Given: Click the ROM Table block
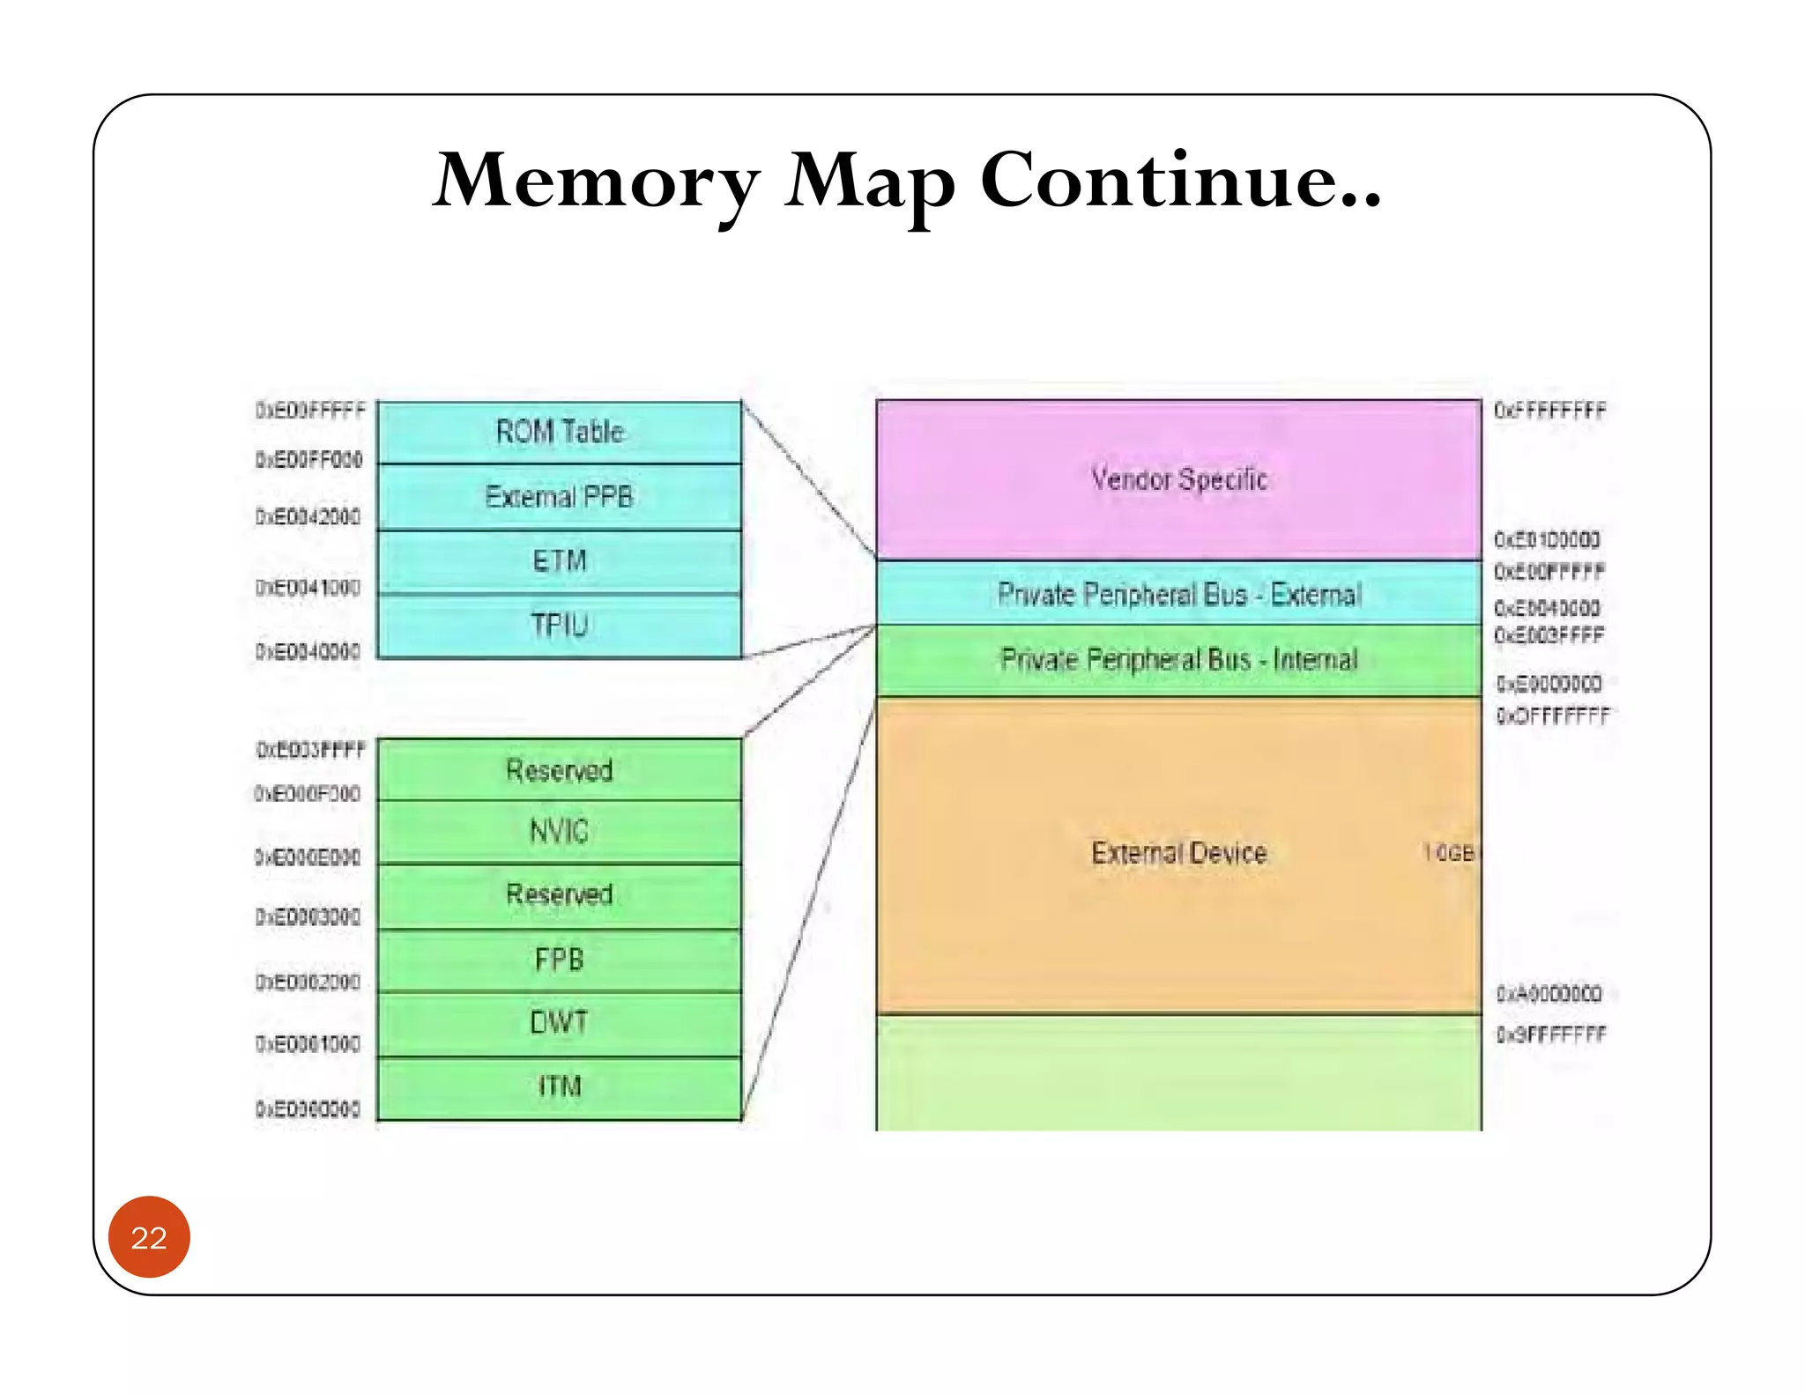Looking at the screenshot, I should click(x=559, y=432).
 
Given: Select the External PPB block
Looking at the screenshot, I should click(x=559, y=497).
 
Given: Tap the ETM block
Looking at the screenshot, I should click(x=559, y=561).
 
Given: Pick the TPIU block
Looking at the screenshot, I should click(x=559, y=626).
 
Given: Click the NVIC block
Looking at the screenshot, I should click(x=559, y=831).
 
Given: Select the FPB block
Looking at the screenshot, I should click(x=559, y=960).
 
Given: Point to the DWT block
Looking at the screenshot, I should click(x=559, y=1023).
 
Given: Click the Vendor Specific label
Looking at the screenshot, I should click(x=1178, y=479).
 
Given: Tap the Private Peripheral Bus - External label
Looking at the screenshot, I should click(x=1178, y=595).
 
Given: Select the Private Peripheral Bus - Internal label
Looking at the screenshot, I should click(x=1178, y=660).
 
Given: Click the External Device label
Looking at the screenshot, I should click(x=1178, y=853).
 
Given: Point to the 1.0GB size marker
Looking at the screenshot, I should click(x=1448, y=853).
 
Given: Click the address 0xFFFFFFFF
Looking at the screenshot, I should click(x=1549, y=411).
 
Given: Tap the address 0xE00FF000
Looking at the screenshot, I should click(x=308, y=460).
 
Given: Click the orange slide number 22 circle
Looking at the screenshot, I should click(x=149, y=1237).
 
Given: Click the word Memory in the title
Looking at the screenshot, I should click(x=596, y=181).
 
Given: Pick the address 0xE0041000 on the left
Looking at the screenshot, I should click(x=308, y=588).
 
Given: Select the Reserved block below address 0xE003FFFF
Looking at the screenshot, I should click(x=559, y=770).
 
